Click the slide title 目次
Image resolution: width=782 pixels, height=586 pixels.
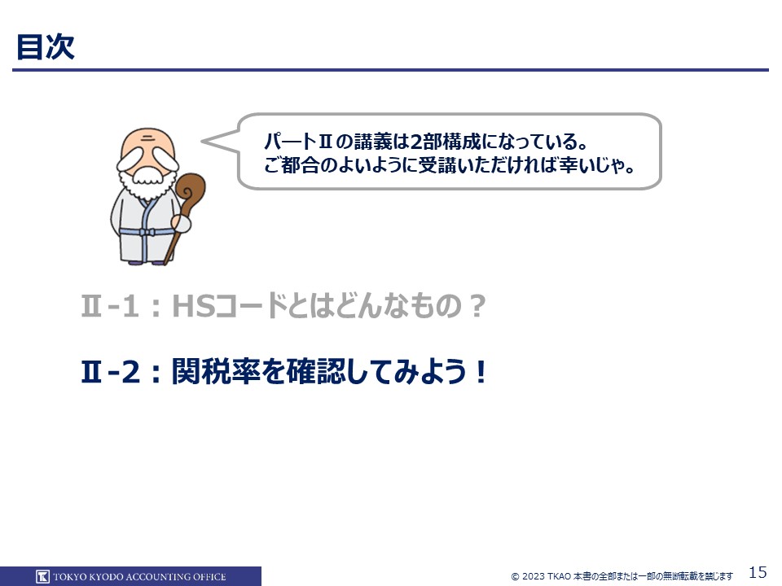46,47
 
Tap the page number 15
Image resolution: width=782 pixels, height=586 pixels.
758,571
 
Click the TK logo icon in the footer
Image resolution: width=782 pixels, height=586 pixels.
42,576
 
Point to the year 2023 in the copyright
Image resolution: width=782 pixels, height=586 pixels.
533,576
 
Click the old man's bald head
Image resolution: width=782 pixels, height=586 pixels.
147,141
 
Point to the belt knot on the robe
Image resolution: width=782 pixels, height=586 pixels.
146,232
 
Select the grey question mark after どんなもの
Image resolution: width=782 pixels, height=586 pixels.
477,305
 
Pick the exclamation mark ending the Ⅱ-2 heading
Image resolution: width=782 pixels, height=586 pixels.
481,372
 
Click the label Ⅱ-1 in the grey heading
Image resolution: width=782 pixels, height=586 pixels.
110,305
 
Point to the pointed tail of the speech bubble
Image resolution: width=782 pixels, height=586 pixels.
203,142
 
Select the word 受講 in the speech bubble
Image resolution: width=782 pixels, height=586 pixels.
437,165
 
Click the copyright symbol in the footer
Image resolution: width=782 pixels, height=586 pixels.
515,577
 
